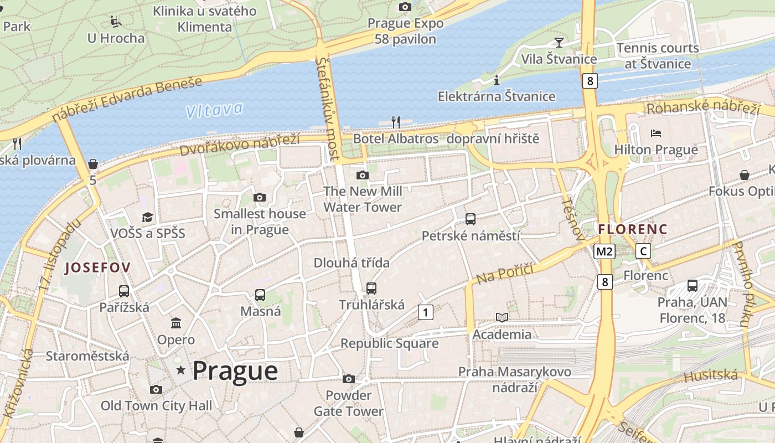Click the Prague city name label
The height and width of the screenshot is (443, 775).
point(235,370)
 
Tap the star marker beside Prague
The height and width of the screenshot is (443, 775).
point(180,370)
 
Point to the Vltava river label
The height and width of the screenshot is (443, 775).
point(214,110)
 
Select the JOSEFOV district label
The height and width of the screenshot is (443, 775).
point(98,268)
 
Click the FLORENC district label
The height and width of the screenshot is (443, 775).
point(633,229)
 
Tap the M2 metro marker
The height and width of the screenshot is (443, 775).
point(604,251)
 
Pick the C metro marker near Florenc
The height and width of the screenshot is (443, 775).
point(643,251)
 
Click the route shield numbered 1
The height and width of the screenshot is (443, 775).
point(425,312)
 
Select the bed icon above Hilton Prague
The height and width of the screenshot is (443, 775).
point(656,133)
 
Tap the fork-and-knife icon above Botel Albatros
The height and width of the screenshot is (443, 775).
point(395,122)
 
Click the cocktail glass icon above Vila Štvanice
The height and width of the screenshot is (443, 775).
point(559,43)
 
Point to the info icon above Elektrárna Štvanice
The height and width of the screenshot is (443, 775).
point(497,80)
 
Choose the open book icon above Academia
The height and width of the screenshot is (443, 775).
point(502,318)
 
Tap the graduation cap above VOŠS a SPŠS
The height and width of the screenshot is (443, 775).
point(147,217)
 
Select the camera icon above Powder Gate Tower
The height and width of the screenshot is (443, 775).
point(348,379)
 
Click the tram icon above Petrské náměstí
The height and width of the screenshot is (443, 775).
point(471,219)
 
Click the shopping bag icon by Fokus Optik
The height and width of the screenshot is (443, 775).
point(745,175)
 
